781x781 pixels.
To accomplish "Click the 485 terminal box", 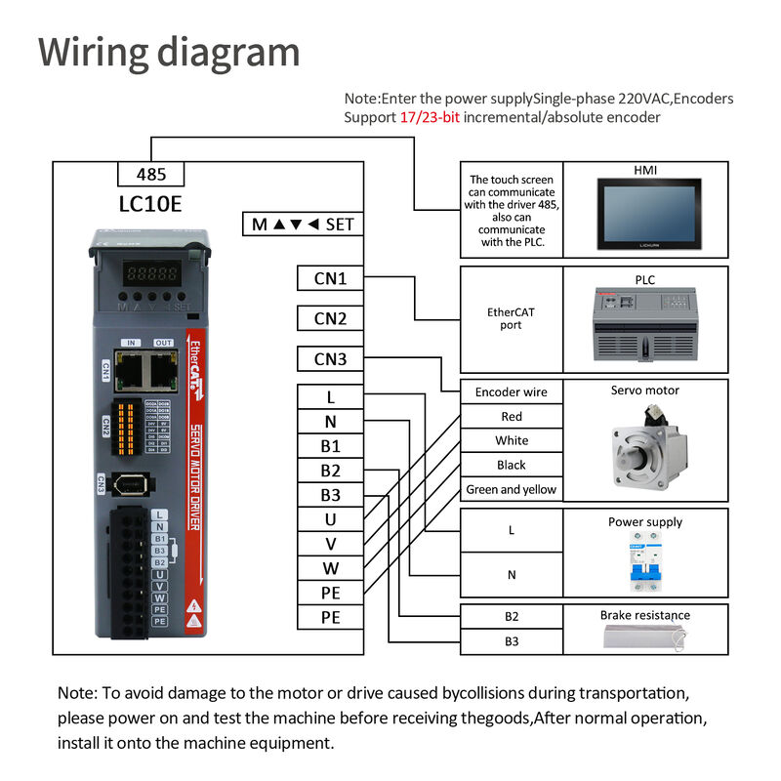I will pyautogui.click(x=150, y=175).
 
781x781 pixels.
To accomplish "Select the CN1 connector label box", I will pyautogui.click(x=330, y=279).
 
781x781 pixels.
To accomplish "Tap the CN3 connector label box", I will pyautogui.click(x=330, y=359).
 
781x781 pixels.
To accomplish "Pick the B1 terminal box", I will pyautogui.click(x=330, y=446).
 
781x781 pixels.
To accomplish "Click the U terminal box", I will pyautogui.click(x=330, y=519).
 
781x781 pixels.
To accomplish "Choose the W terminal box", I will pyautogui.click(x=330, y=568).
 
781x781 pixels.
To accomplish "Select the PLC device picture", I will pyautogui.click(x=645, y=326).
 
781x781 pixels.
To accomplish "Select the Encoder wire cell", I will pyautogui.click(x=511, y=392).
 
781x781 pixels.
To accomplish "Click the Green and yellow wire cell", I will pyautogui.click(x=511, y=490).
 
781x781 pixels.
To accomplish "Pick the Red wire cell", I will pyautogui.click(x=511, y=417).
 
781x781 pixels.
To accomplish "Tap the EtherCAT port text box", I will pyautogui.click(x=511, y=318).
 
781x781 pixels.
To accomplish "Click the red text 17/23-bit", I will pyautogui.click(x=430, y=117).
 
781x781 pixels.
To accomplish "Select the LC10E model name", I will pyautogui.click(x=150, y=204).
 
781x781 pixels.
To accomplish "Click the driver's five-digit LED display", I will pyautogui.click(x=149, y=274).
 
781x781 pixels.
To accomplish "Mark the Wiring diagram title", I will pyautogui.click(x=169, y=51).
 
